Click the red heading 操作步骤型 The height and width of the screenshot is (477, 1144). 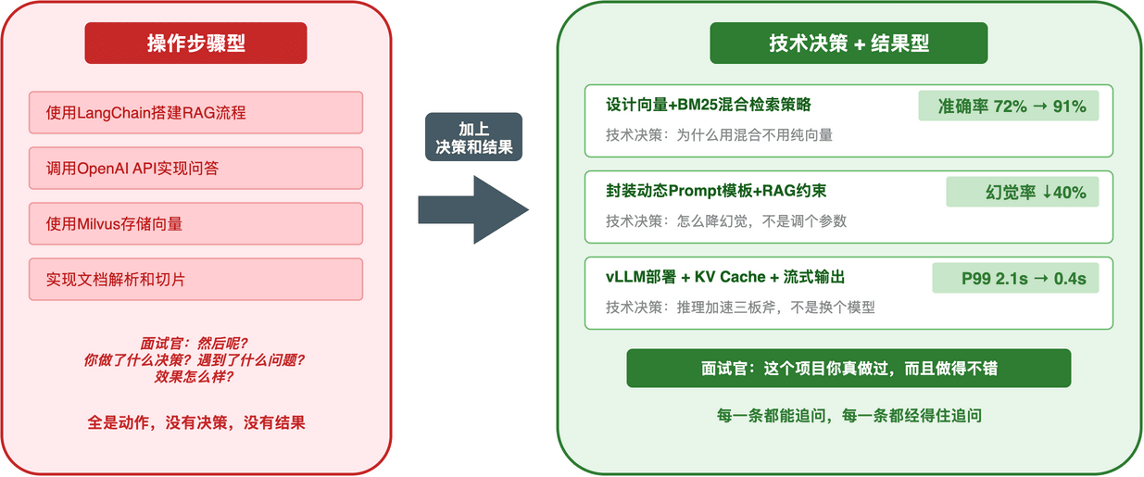click(x=195, y=44)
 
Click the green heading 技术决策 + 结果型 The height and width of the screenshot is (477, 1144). click(x=849, y=44)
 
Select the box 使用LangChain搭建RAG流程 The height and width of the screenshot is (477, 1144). click(x=195, y=113)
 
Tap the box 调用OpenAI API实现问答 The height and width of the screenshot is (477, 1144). click(x=195, y=169)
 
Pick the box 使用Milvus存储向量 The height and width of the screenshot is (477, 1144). click(x=195, y=224)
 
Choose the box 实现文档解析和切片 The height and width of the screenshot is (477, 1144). click(x=195, y=279)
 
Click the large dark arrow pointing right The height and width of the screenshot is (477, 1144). click(x=473, y=209)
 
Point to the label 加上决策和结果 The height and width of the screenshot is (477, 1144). click(x=474, y=137)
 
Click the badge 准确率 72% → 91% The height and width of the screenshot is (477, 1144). click(x=1009, y=106)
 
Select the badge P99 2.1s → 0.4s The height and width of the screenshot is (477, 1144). click(x=1015, y=278)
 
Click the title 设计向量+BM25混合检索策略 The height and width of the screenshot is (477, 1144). click(x=709, y=105)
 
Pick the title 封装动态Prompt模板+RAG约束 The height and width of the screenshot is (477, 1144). click(x=716, y=191)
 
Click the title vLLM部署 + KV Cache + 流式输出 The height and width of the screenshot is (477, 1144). click(x=725, y=277)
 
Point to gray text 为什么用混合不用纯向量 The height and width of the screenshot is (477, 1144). click(x=720, y=135)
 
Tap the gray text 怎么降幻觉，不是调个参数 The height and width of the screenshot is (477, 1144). click(x=726, y=221)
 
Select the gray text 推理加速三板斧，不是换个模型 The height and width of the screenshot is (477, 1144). click(x=740, y=308)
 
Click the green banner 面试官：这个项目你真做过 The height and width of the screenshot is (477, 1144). click(x=849, y=368)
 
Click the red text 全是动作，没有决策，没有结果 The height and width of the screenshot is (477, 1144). click(x=195, y=423)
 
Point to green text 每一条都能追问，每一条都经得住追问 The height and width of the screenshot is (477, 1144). click(x=849, y=416)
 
